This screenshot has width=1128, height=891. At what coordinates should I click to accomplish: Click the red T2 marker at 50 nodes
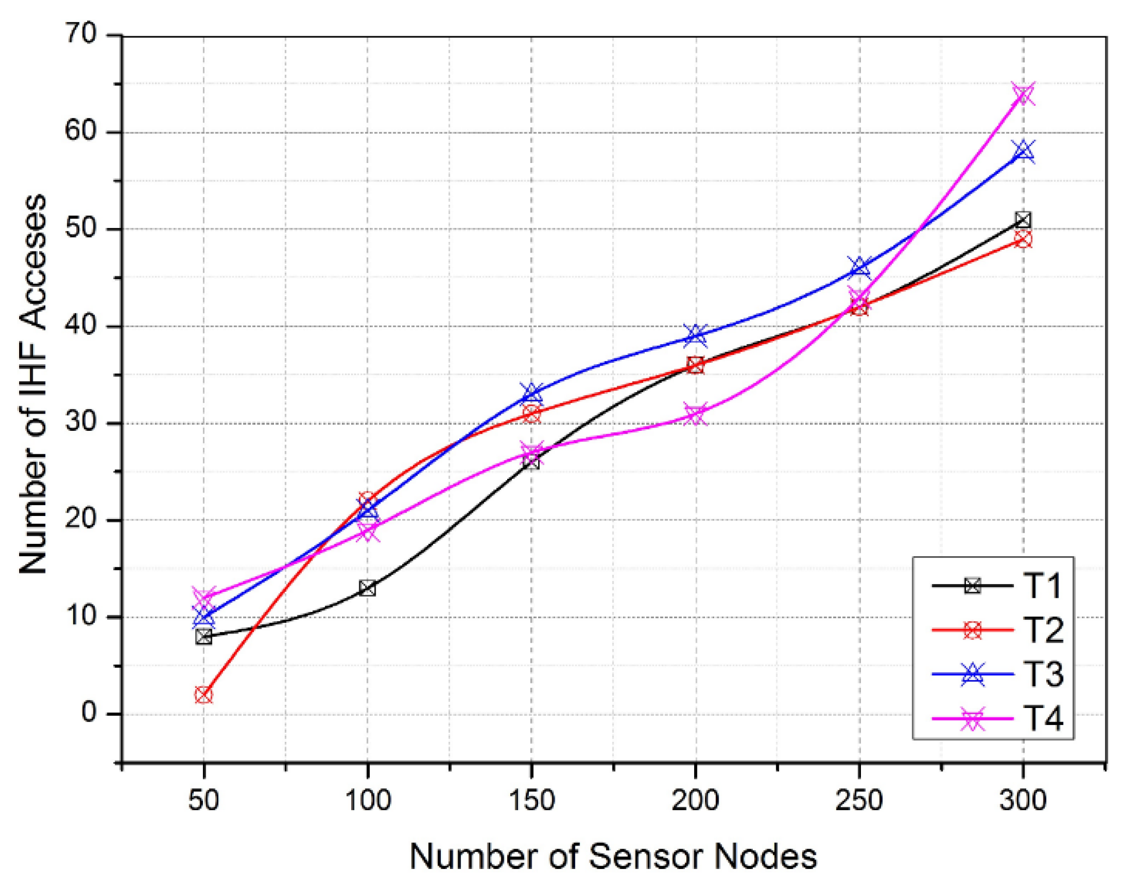point(204,695)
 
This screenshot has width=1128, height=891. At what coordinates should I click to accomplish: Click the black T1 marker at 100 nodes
point(367,588)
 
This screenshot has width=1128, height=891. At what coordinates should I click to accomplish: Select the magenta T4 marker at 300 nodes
point(1023,94)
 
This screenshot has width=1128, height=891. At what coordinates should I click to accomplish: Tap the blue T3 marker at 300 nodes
point(1023,151)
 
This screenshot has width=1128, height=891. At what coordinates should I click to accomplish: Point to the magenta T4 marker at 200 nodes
point(696,414)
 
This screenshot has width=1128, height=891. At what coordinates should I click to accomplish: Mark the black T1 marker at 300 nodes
point(1023,220)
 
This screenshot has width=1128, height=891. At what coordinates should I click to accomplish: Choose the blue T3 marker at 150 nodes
point(531,394)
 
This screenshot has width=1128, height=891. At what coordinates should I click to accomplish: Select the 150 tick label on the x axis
point(531,800)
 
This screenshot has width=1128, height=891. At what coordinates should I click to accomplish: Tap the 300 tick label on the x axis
point(1023,800)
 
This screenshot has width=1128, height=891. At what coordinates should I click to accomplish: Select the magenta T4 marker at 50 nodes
point(204,596)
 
